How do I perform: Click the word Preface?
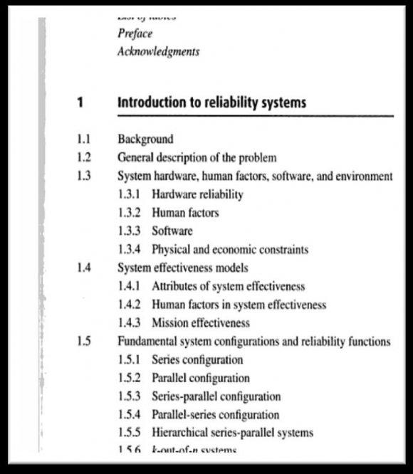135,33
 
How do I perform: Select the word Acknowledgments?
158,52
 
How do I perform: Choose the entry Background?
145,139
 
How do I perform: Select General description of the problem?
197,157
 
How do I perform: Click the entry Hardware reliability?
198,194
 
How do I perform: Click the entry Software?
172,231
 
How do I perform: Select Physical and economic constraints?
230,250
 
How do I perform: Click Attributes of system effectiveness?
229,286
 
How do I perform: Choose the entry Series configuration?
197,360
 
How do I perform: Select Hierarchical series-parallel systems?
233,433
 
